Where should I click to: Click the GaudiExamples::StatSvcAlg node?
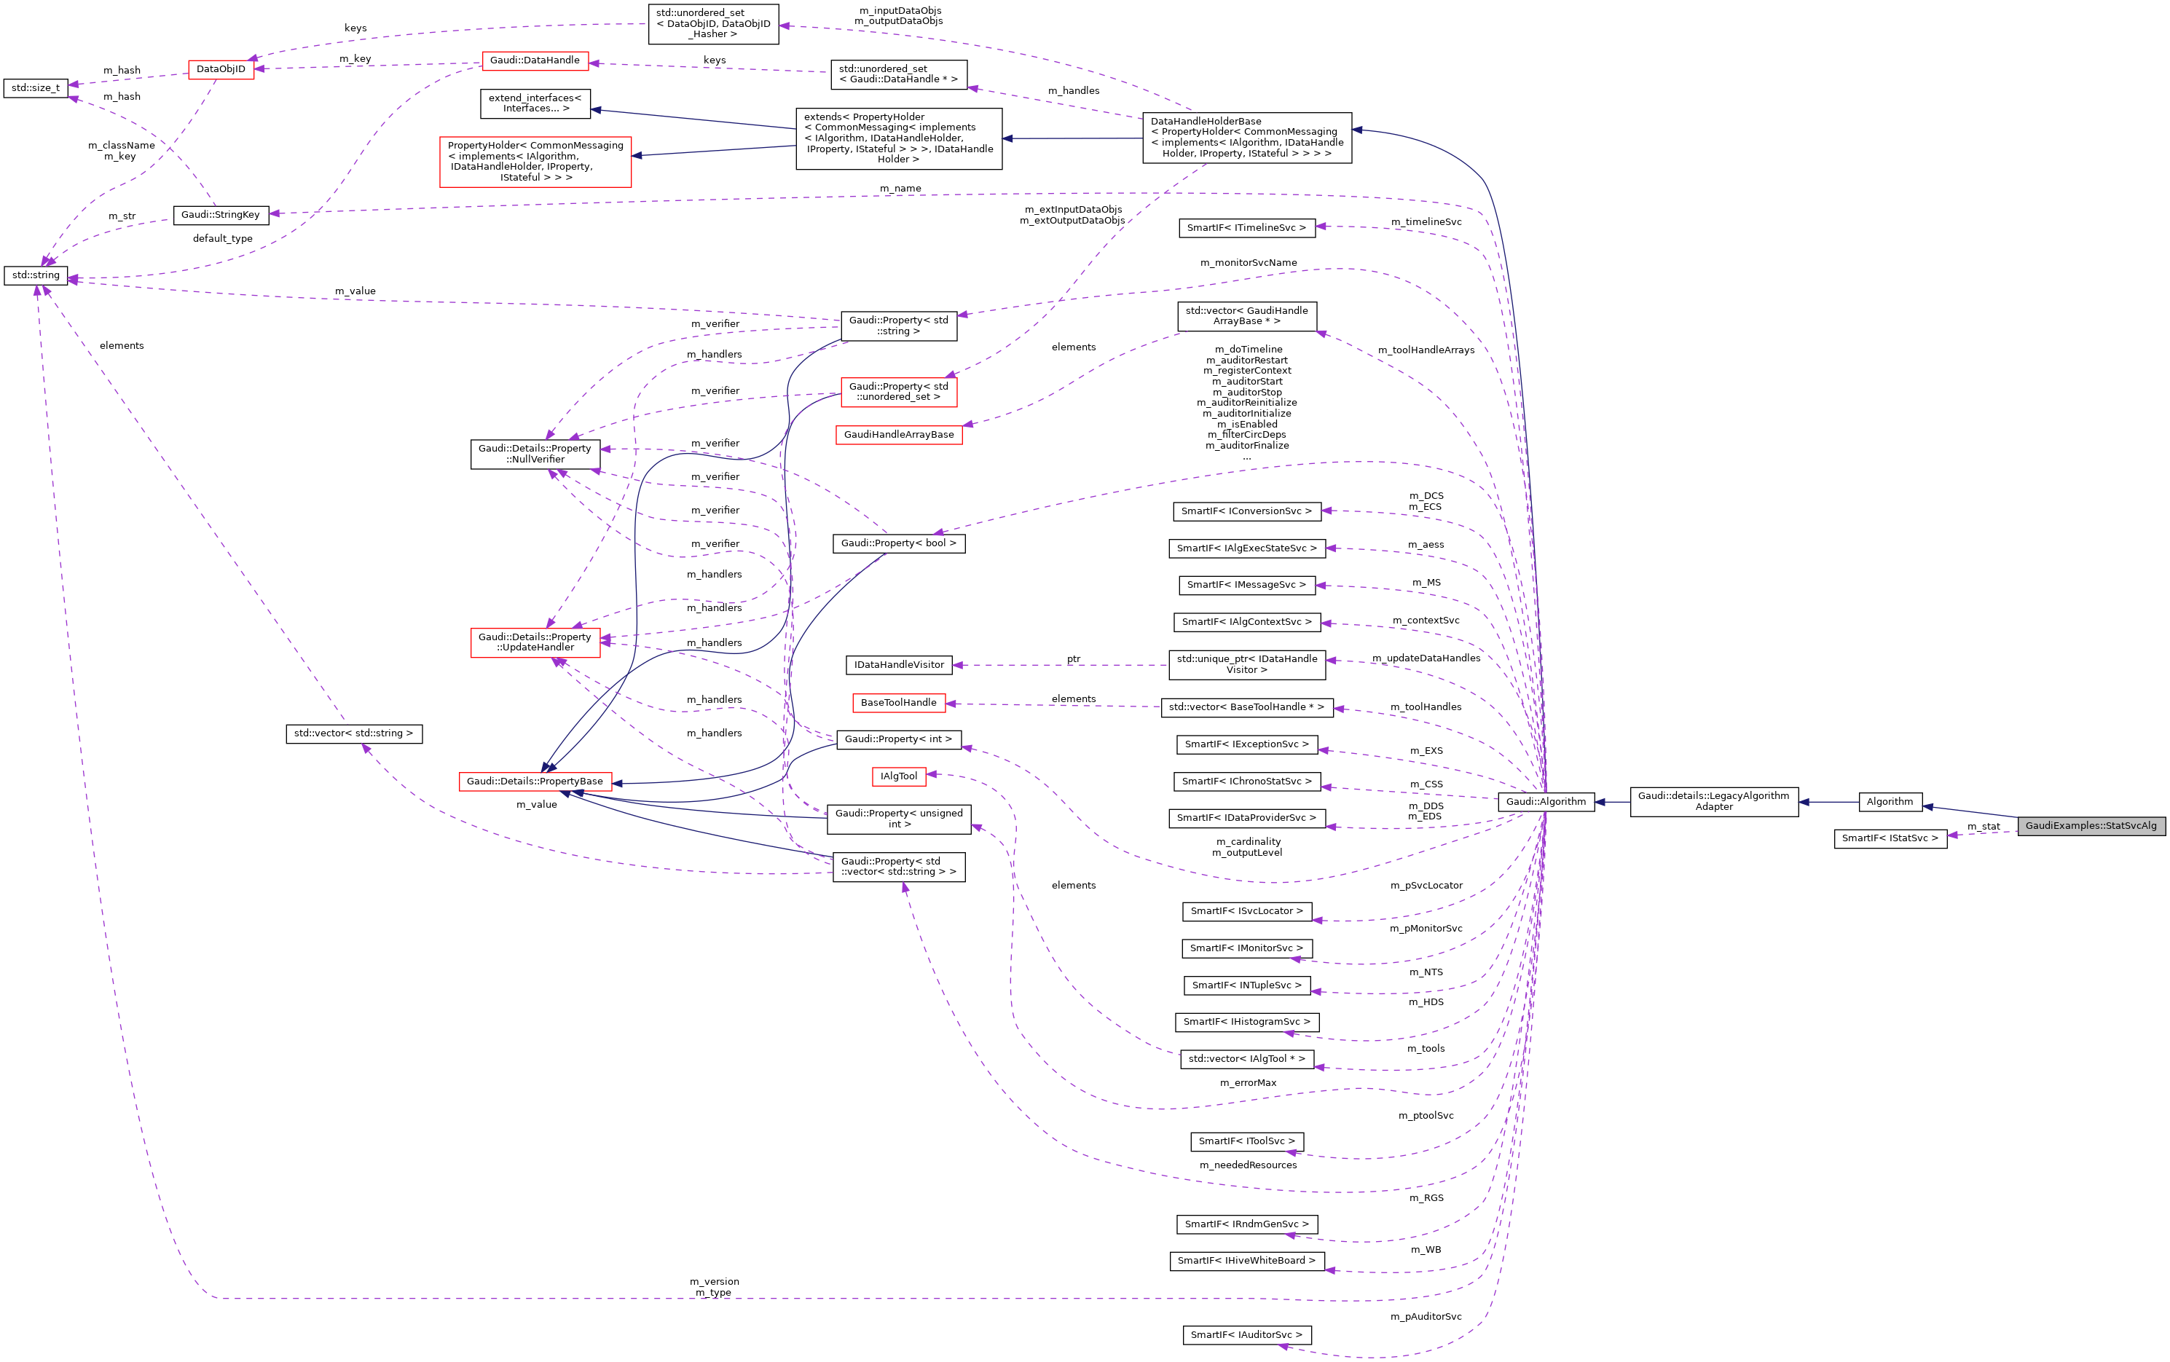coord(2090,826)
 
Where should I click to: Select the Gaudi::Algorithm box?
coord(1545,802)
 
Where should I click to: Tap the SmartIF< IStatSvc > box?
coord(1889,838)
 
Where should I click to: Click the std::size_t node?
coord(35,88)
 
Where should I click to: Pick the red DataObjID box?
coord(221,69)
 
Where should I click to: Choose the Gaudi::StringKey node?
coord(220,216)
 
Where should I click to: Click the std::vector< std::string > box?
coord(353,733)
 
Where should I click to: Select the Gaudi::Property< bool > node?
coord(898,543)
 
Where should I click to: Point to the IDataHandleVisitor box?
coord(898,665)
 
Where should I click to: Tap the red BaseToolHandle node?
coord(898,703)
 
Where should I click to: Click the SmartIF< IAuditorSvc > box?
coord(1246,1335)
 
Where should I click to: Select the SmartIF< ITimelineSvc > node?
coord(1246,228)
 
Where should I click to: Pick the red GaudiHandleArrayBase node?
coord(898,435)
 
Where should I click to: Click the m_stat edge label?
coord(1983,826)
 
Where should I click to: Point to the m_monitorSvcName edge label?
coord(1248,263)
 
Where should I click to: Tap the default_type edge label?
coord(222,239)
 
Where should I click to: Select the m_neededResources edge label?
coord(1248,1165)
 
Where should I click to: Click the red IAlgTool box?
coord(898,776)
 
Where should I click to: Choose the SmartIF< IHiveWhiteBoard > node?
coord(1246,1261)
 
